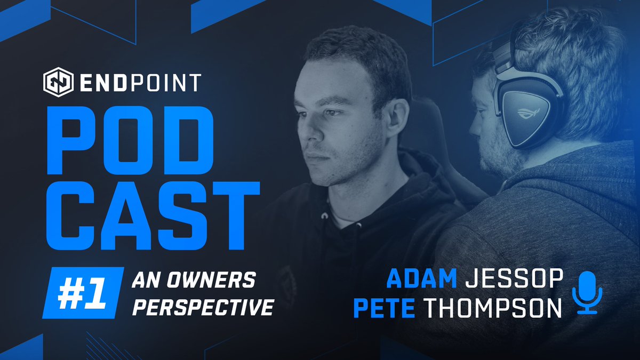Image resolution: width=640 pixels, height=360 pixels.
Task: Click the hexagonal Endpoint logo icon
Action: point(57,83)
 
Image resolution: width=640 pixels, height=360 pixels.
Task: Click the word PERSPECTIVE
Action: point(204,307)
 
